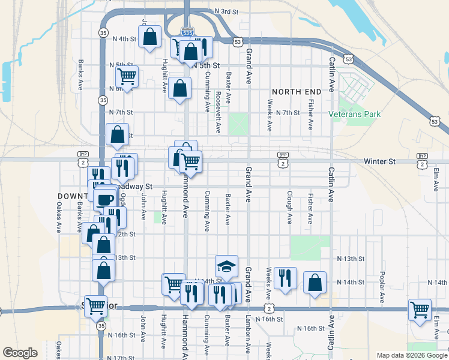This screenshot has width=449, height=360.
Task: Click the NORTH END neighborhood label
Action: point(297,91)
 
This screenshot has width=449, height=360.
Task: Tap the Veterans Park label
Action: point(355,113)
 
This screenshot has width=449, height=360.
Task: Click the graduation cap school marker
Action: point(226,266)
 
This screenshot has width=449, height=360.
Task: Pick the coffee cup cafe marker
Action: point(105,199)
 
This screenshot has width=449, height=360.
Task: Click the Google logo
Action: point(20,352)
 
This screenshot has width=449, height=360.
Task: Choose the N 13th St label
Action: point(351,259)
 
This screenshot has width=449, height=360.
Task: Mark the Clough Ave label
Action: point(289,208)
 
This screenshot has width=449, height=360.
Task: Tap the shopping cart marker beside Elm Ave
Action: point(420,310)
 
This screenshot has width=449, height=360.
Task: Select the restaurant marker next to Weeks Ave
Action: point(285,278)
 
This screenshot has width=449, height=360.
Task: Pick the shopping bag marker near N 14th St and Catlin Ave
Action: point(315,283)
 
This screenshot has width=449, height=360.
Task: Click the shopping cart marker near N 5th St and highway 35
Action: point(127,76)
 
